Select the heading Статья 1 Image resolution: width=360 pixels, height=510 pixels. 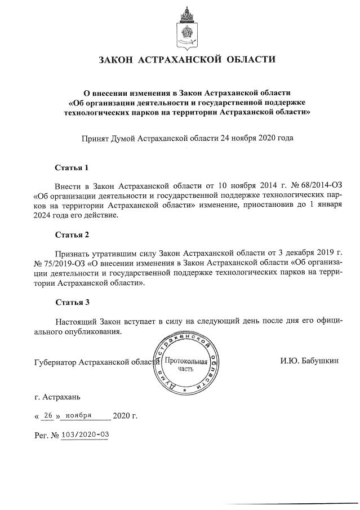pos(72,168)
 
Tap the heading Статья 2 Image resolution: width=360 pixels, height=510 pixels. pos(72,233)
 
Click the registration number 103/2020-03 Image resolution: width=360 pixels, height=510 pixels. pos(85,435)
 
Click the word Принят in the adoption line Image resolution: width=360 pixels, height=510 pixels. pos(95,137)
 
